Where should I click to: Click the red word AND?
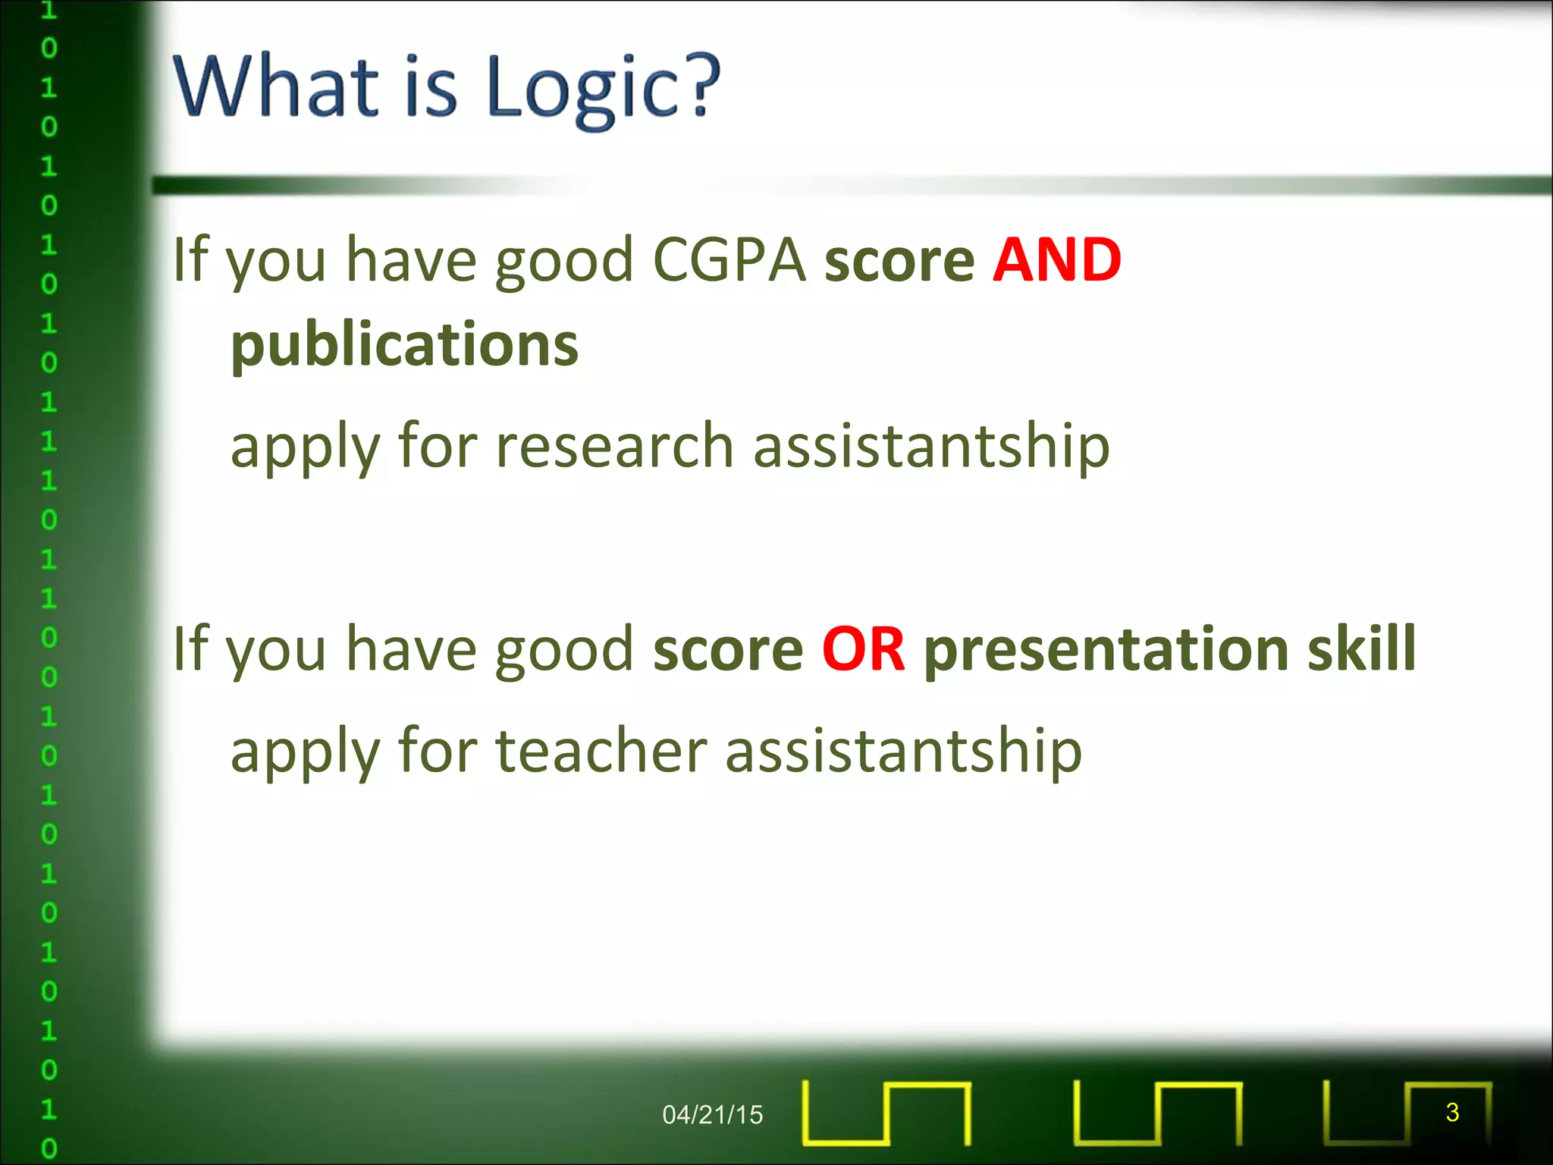tap(1056, 260)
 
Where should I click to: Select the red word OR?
tap(863, 649)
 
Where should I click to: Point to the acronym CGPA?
tap(729, 260)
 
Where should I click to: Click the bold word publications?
tap(404, 345)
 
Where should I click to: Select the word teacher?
tap(601, 751)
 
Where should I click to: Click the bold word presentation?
tap(1106, 649)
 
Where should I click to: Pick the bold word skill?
tap(1361, 649)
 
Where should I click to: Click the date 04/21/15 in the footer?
tap(712, 1114)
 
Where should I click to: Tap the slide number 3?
tap(1452, 1112)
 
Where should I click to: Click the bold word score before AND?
tap(899, 260)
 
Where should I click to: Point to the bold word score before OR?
tap(727, 649)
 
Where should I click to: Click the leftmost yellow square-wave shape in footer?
tap(886, 1113)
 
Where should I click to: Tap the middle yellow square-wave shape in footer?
tap(1157, 1113)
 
